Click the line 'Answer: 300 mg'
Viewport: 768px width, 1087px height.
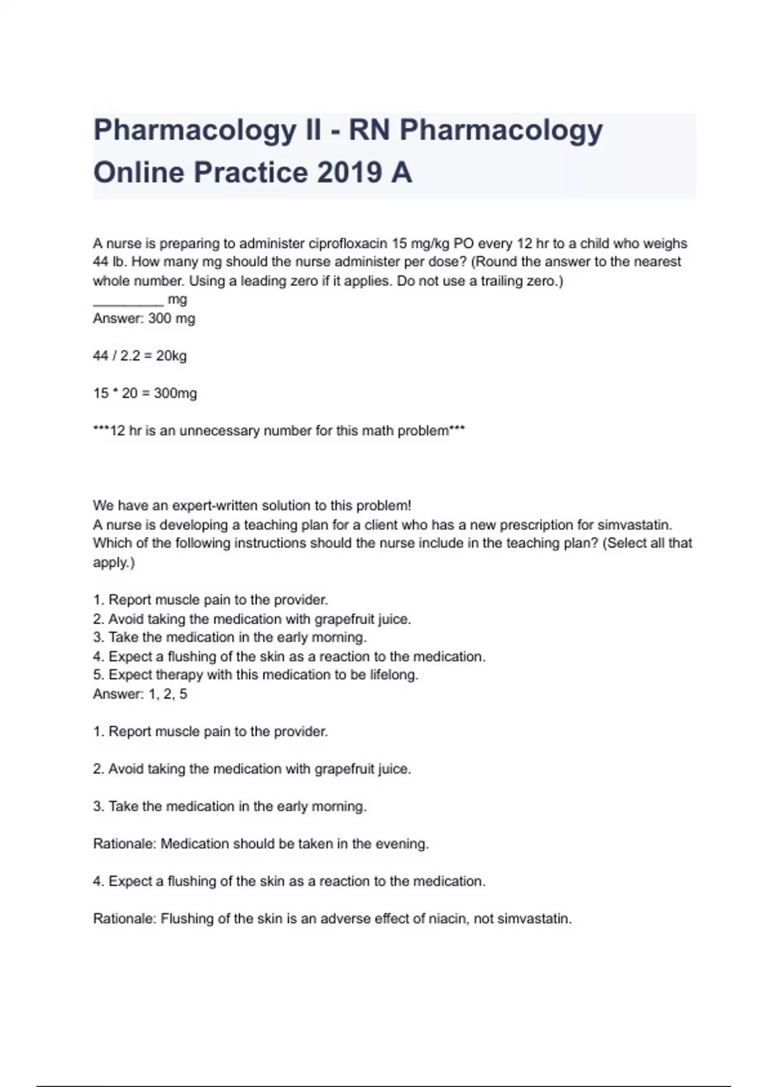[x=144, y=318]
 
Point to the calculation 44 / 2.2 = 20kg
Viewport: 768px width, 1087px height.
[x=140, y=356]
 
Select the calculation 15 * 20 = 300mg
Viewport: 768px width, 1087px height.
[x=145, y=393]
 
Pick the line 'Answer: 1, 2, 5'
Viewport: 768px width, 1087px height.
[x=140, y=694]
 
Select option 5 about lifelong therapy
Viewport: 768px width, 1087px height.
[x=255, y=675]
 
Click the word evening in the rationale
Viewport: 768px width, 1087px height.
[x=404, y=844]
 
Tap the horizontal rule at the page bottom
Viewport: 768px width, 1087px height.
[x=384, y=1068]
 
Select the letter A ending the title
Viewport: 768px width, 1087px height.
[x=400, y=173]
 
